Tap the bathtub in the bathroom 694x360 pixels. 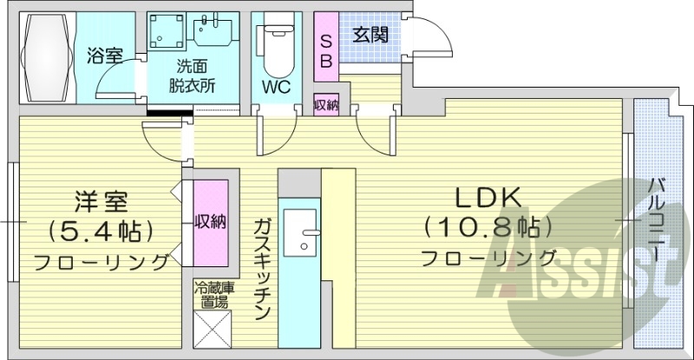click(48, 58)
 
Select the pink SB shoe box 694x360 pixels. click(326, 50)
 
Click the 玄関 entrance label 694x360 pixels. click(370, 36)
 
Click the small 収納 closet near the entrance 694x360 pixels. click(326, 105)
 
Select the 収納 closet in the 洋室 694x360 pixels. click(210, 221)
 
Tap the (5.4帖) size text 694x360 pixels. click(101, 231)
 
